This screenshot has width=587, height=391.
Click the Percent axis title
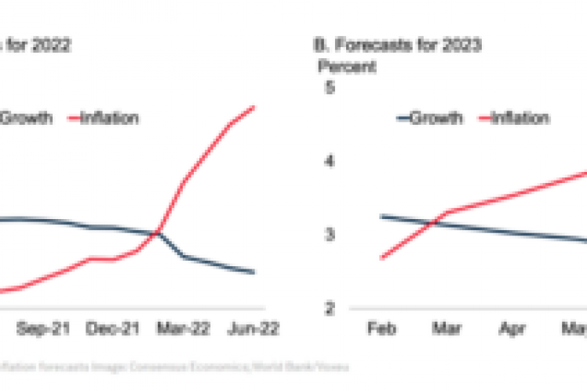[345, 66]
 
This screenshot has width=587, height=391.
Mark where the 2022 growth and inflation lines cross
[159, 232]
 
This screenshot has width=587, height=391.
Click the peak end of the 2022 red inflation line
[254, 107]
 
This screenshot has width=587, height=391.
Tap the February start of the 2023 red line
[381, 258]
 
